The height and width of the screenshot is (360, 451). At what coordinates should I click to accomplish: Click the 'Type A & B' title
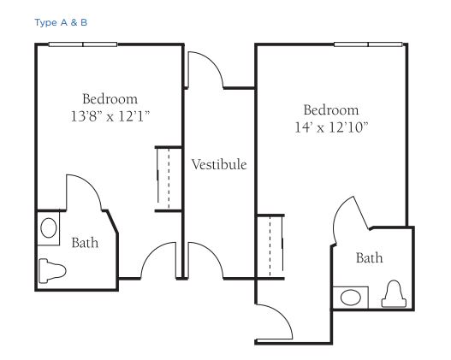coord(61,22)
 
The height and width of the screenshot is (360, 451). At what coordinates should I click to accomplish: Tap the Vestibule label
coord(219,165)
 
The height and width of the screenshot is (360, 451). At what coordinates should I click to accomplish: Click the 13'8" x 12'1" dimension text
coord(110,116)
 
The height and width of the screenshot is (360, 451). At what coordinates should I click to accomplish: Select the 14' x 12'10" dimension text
coord(331,127)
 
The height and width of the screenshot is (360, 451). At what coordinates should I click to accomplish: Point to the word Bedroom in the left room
coord(110,99)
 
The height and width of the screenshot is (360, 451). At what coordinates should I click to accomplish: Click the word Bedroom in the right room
coord(331,110)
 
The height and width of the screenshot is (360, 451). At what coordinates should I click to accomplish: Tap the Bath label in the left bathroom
coord(85,243)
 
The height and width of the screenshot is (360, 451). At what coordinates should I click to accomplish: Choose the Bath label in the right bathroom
coord(370,257)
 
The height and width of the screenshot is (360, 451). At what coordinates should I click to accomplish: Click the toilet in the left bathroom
coord(52,271)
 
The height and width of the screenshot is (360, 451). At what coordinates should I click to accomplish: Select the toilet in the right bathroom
coord(394,293)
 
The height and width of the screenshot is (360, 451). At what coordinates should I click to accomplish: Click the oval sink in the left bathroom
coord(49,227)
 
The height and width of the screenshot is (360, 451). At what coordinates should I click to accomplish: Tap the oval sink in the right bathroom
coord(351,298)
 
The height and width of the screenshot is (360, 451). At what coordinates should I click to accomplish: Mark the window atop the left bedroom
coord(83,44)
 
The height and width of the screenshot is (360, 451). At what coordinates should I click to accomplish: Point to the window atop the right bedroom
coord(368,44)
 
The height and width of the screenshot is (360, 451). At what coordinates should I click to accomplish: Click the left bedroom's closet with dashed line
coord(169,179)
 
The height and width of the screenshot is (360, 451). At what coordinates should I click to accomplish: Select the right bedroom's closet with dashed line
coord(270,246)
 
